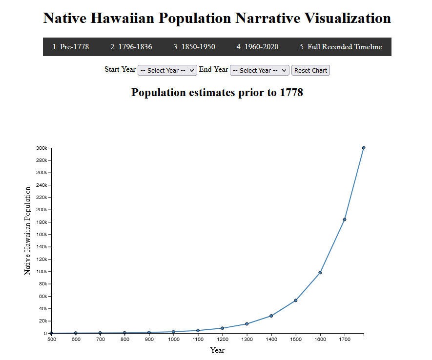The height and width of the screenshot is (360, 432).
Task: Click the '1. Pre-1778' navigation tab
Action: [71, 47]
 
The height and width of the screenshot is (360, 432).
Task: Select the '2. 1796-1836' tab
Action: [131, 47]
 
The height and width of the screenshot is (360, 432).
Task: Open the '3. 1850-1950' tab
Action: [194, 47]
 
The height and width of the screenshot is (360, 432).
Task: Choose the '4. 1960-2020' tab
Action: [257, 47]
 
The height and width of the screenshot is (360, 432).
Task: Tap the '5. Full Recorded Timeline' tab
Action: [341, 47]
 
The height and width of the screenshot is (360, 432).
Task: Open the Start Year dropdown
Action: [167, 70]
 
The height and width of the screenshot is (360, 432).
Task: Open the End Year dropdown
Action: [260, 70]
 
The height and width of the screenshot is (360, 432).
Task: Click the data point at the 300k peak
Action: [364, 148]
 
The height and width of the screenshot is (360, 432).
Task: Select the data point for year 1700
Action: [345, 220]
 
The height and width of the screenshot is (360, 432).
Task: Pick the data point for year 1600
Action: [320, 273]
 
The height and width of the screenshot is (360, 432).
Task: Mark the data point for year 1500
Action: [296, 300]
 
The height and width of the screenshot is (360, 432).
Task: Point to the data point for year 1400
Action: [271, 316]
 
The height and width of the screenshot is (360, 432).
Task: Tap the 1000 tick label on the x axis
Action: [173, 340]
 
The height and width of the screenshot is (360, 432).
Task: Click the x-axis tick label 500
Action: [51, 340]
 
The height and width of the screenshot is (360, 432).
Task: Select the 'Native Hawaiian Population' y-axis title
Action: [27, 230]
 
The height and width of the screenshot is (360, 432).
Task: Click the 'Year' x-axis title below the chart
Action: [217, 350]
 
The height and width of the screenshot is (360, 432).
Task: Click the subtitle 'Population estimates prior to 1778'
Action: [217, 92]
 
